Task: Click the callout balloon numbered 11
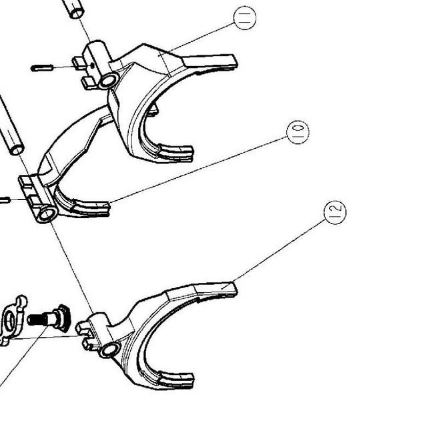pos(245,18)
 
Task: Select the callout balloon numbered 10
pos(298,132)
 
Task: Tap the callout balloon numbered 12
pos(335,212)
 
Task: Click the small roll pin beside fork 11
pos(41,67)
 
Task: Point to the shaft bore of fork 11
pos(109,81)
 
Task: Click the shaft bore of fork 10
pos(47,214)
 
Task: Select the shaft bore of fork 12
pos(110,350)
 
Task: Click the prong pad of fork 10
pos(91,207)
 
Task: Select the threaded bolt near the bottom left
pos(49,319)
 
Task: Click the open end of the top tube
pos(77,13)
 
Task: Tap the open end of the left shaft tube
pos(17,150)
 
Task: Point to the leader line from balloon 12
pos(274,254)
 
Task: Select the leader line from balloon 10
pos(198,170)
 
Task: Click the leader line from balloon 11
pos(197,39)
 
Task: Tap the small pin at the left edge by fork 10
pos(5,200)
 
